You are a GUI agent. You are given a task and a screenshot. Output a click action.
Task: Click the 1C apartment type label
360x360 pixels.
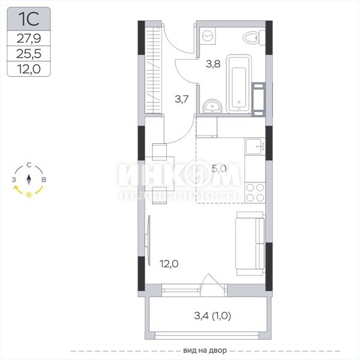pyautogui.click(x=29, y=19)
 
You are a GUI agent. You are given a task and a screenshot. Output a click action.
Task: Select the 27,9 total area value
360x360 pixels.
pyautogui.click(x=29, y=38)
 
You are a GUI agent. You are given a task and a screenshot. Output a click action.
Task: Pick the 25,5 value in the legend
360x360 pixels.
pyautogui.click(x=29, y=53)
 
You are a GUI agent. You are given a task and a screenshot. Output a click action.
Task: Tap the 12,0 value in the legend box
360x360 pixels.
pyautogui.click(x=29, y=69)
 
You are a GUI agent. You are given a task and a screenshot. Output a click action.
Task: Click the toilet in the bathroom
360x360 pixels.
pyautogui.click(x=254, y=38)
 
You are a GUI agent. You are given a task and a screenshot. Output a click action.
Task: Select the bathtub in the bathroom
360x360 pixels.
pyautogui.click(x=239, y=84)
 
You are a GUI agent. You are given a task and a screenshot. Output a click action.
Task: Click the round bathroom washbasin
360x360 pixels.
pyautogui.click(x=212, y=106)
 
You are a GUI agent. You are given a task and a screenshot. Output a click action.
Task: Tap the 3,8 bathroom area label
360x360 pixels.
pyautogui.click(x=213, y=64)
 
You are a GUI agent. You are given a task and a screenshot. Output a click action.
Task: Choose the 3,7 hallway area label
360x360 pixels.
pyautogui.click(x=182, y=99)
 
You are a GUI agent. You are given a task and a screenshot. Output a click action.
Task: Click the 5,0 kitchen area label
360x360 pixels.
pyautogui.click(x=219, y=169)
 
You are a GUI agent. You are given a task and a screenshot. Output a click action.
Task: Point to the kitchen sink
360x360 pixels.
pyautogui.click(x=255, y=146)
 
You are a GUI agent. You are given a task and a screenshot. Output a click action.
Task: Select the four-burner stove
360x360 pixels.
pyautogui.click(x=255, y=193)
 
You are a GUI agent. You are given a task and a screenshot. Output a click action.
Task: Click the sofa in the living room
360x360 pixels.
pyautogui.click(x=250, y=244)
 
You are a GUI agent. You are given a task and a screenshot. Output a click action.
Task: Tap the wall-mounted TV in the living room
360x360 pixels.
pyautogui.click(x=148, y=241)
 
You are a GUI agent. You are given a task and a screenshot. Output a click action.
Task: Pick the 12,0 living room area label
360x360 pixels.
pyautogui.click(x=169, y=264)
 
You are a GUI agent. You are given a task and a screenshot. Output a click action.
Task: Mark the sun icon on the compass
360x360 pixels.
pyautogui.click(x=29, y=194)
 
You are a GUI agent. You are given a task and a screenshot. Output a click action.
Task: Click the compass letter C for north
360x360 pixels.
pyautogui.click(x=29, y=165)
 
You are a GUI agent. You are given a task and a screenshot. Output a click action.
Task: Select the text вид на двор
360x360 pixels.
pyautogui.click(x=205, y=350)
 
